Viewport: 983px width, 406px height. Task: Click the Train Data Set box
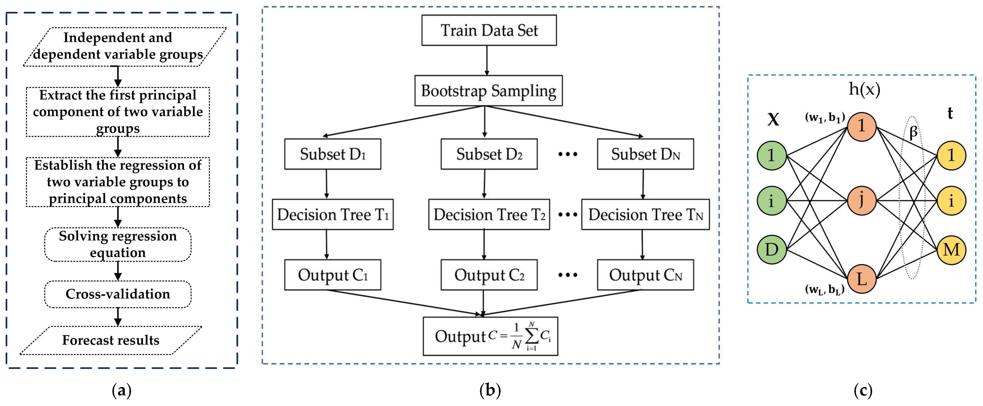pos(489,31)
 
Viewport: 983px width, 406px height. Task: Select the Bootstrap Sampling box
pos(488,91)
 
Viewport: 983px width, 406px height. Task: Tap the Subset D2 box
pos(489,154)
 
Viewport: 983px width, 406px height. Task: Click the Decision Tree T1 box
pos(332,214)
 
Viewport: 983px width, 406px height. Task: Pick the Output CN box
pos(645,275)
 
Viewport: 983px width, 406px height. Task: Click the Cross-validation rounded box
pos(118,294)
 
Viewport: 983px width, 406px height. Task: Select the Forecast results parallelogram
pos(111,340)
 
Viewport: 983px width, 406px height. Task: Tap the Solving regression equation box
pos(118,244)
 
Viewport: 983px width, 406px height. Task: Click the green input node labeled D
pos(772,250)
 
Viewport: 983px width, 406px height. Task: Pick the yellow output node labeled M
pos(951,250)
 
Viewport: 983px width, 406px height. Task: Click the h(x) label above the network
pos(864,89)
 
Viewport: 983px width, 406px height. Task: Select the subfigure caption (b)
pos(490,390)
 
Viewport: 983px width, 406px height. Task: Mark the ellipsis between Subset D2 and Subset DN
pos(567,154)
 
